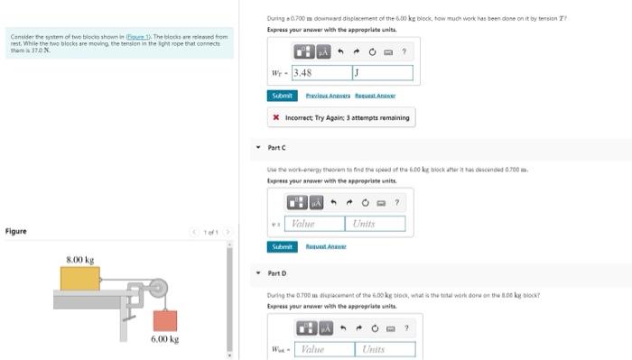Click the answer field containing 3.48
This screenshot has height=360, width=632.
click(x=321, y=72)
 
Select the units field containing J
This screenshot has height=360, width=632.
click(x=382, y=72)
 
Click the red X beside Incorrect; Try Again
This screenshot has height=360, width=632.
click(x=275, y=117)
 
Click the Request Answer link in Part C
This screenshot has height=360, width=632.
click(x=327, y=246)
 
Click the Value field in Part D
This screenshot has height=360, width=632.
click(x=322, y=348)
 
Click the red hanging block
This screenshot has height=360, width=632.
click(x=164, y=319)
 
